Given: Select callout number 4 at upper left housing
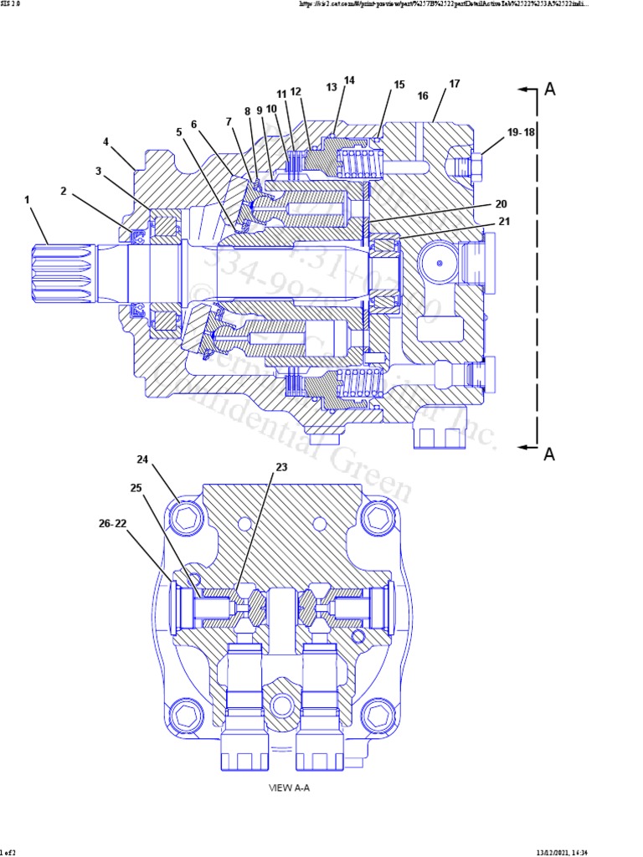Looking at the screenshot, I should click(106, 141).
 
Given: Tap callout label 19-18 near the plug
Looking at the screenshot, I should click(520, 132).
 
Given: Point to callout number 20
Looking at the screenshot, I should click(502, 204).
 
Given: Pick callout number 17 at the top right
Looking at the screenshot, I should click(455, 84).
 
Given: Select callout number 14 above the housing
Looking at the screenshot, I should click(349, 80).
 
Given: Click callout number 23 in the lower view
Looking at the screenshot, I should click(281, 467).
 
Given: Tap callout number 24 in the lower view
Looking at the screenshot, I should click(142, 459).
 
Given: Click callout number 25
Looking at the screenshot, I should click(136, 487).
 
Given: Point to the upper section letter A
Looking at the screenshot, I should click(550, 90).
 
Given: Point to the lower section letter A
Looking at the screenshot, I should click(550, 454).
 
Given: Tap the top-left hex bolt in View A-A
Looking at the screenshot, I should click(186, 519).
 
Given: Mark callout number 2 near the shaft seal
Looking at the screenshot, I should click(64, 191).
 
